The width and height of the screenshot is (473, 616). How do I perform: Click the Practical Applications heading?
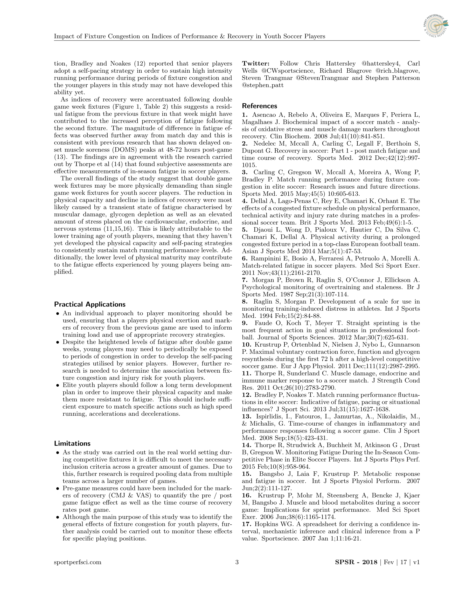(89, 304)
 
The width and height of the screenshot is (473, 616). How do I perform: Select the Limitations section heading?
(72, 444)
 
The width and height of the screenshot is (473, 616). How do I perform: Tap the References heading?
(259, 106)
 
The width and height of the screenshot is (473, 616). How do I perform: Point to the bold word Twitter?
(256, 64)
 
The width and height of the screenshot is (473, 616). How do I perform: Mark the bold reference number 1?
(245, 115)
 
